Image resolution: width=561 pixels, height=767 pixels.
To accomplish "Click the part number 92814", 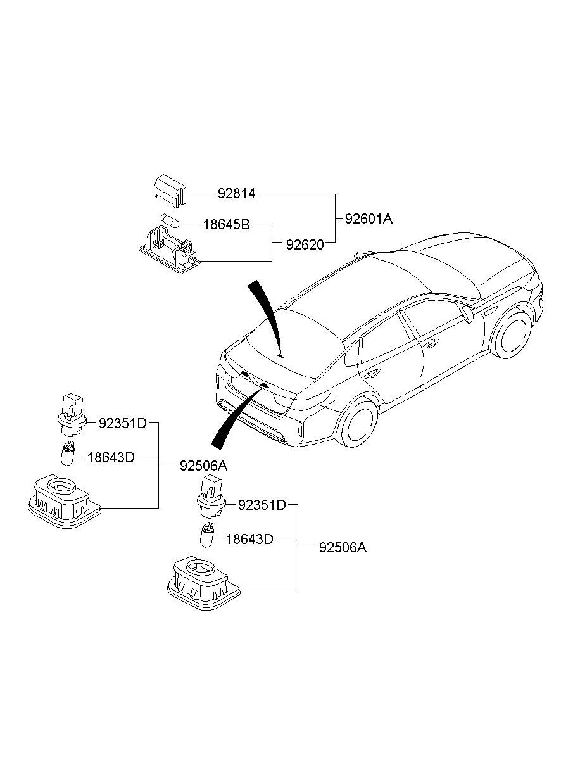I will click(236, 194).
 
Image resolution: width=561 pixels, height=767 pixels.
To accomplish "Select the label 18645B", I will click(226, 224).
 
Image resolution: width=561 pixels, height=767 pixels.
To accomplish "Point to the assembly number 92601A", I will click(369, 219).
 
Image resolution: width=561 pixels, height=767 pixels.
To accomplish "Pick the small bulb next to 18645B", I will click(171, 220).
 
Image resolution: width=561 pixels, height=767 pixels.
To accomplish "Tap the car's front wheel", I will click(512, 333).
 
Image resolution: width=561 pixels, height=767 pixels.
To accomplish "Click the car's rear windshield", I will click(292, 339).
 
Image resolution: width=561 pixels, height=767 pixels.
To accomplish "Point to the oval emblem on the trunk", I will click(253, 381).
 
